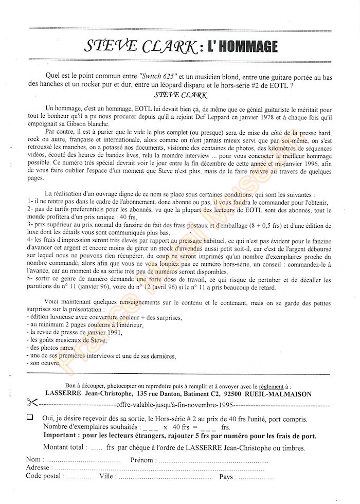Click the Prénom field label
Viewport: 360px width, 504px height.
click(142, 459)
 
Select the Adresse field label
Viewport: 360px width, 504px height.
click(38, 467)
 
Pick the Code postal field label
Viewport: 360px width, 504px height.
click(45, 476)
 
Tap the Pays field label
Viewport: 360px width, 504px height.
click(227, 476)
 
